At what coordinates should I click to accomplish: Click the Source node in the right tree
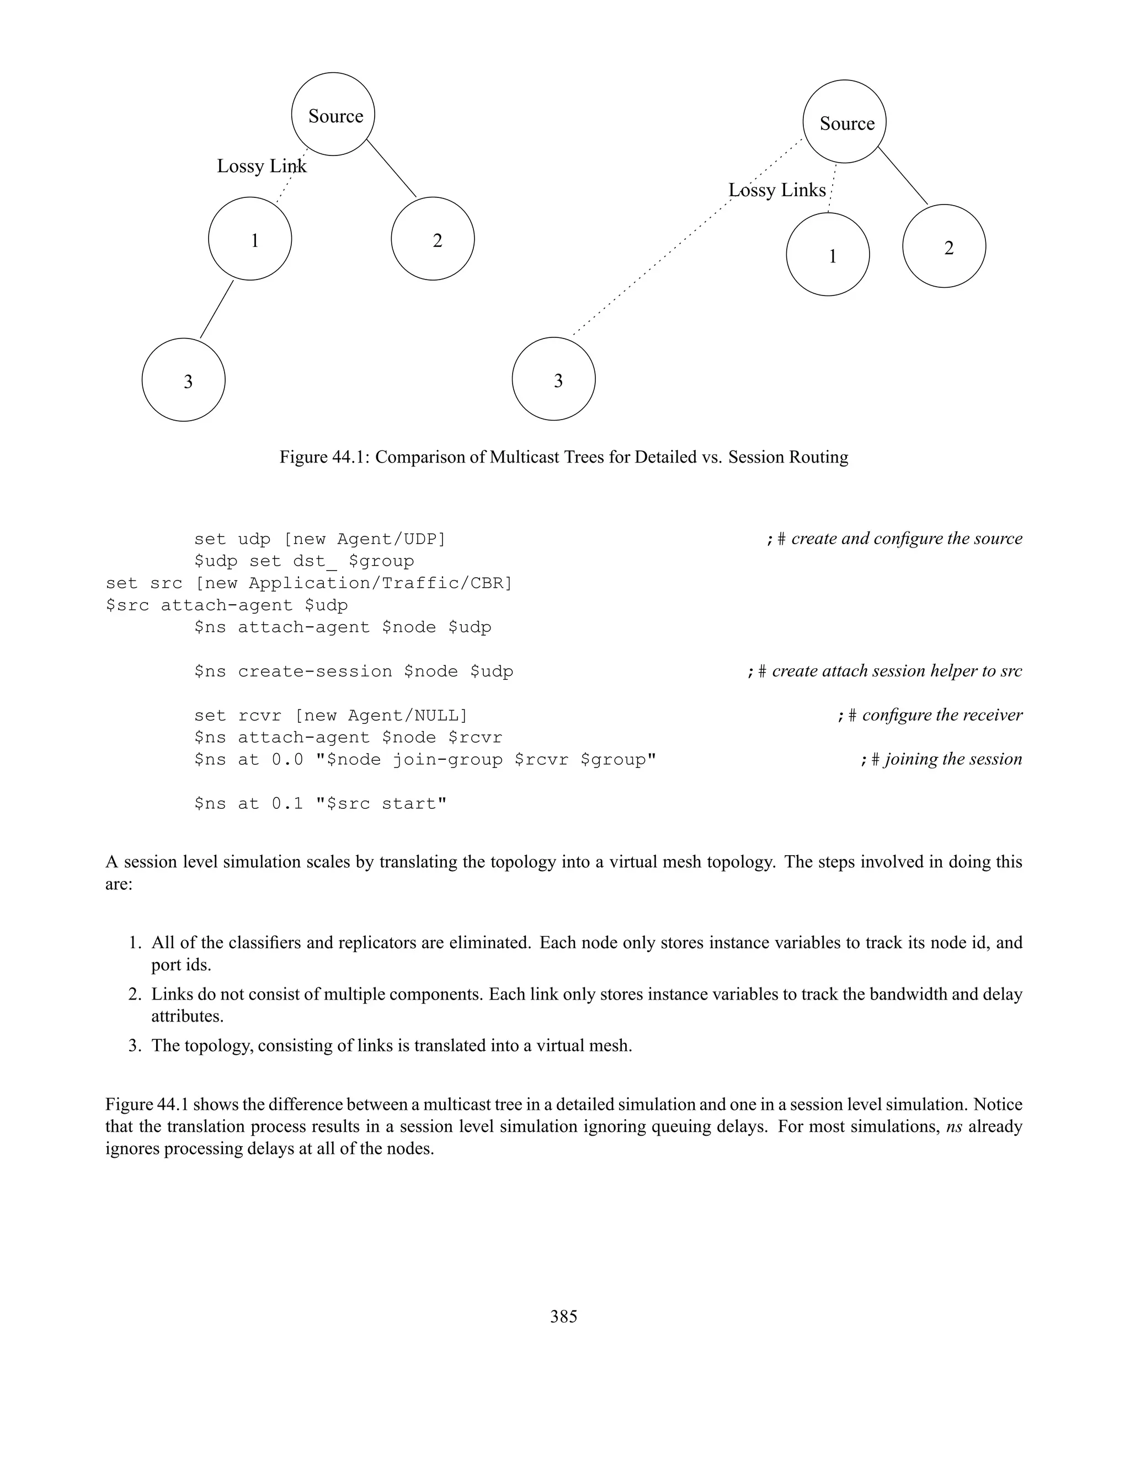(x=844, y=122)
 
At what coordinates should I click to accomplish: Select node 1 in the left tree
(x=250, y=239)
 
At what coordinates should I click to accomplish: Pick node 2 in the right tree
(x=944, y=246)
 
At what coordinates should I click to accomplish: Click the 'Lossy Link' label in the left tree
(x=261, y=166)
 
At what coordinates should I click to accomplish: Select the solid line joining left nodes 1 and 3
(x=217, y=309)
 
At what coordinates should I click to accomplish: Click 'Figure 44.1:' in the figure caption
(x=324, y=458)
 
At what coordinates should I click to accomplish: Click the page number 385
(x=564, y=1317)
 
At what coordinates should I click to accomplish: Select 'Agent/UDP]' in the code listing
(x=391, y=539)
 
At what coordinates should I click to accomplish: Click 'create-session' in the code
(x=315, y=672)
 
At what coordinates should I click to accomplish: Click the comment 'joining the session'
(x=953, y=759)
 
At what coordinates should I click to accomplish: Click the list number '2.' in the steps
(x=135, y=994)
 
